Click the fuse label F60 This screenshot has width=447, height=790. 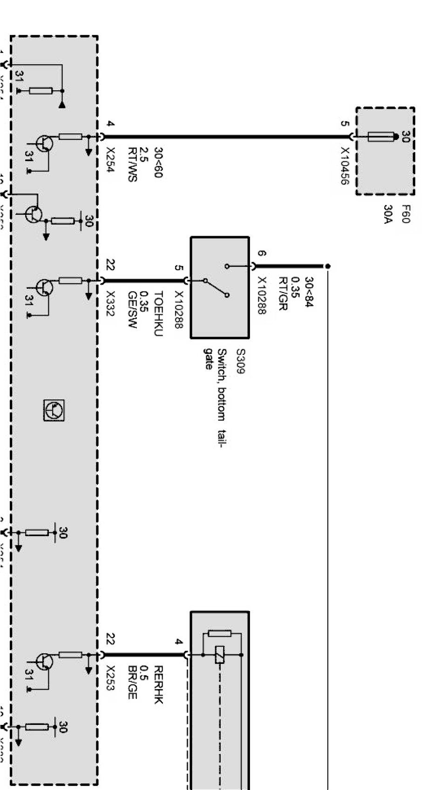tap(406, 214)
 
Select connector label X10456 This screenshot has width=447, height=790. tap(345, 166)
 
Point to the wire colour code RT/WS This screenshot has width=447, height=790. tap(132, 165)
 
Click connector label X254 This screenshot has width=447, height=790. tap(111, 160)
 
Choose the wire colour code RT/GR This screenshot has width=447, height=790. tap(283, 293)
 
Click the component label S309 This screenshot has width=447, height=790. tap(240, 362)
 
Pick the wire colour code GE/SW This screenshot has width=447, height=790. tap(132, 310)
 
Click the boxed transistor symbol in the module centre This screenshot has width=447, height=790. tap(54, 410)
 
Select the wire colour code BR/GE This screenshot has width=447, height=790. tap(132, 682)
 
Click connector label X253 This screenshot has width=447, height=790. tap(110, 678)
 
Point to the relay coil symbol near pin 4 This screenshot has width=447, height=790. tap(220, 655)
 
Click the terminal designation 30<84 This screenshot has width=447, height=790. tap(308, 292)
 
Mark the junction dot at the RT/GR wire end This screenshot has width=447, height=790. tap(328, 266)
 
